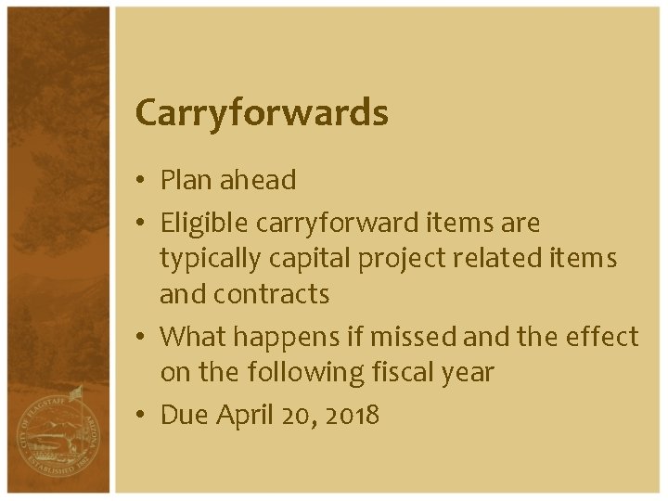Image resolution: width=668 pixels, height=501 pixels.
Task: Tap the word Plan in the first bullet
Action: (186, 180)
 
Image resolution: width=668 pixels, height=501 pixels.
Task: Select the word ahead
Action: (258, 180)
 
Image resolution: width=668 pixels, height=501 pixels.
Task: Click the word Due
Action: (184, 415)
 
